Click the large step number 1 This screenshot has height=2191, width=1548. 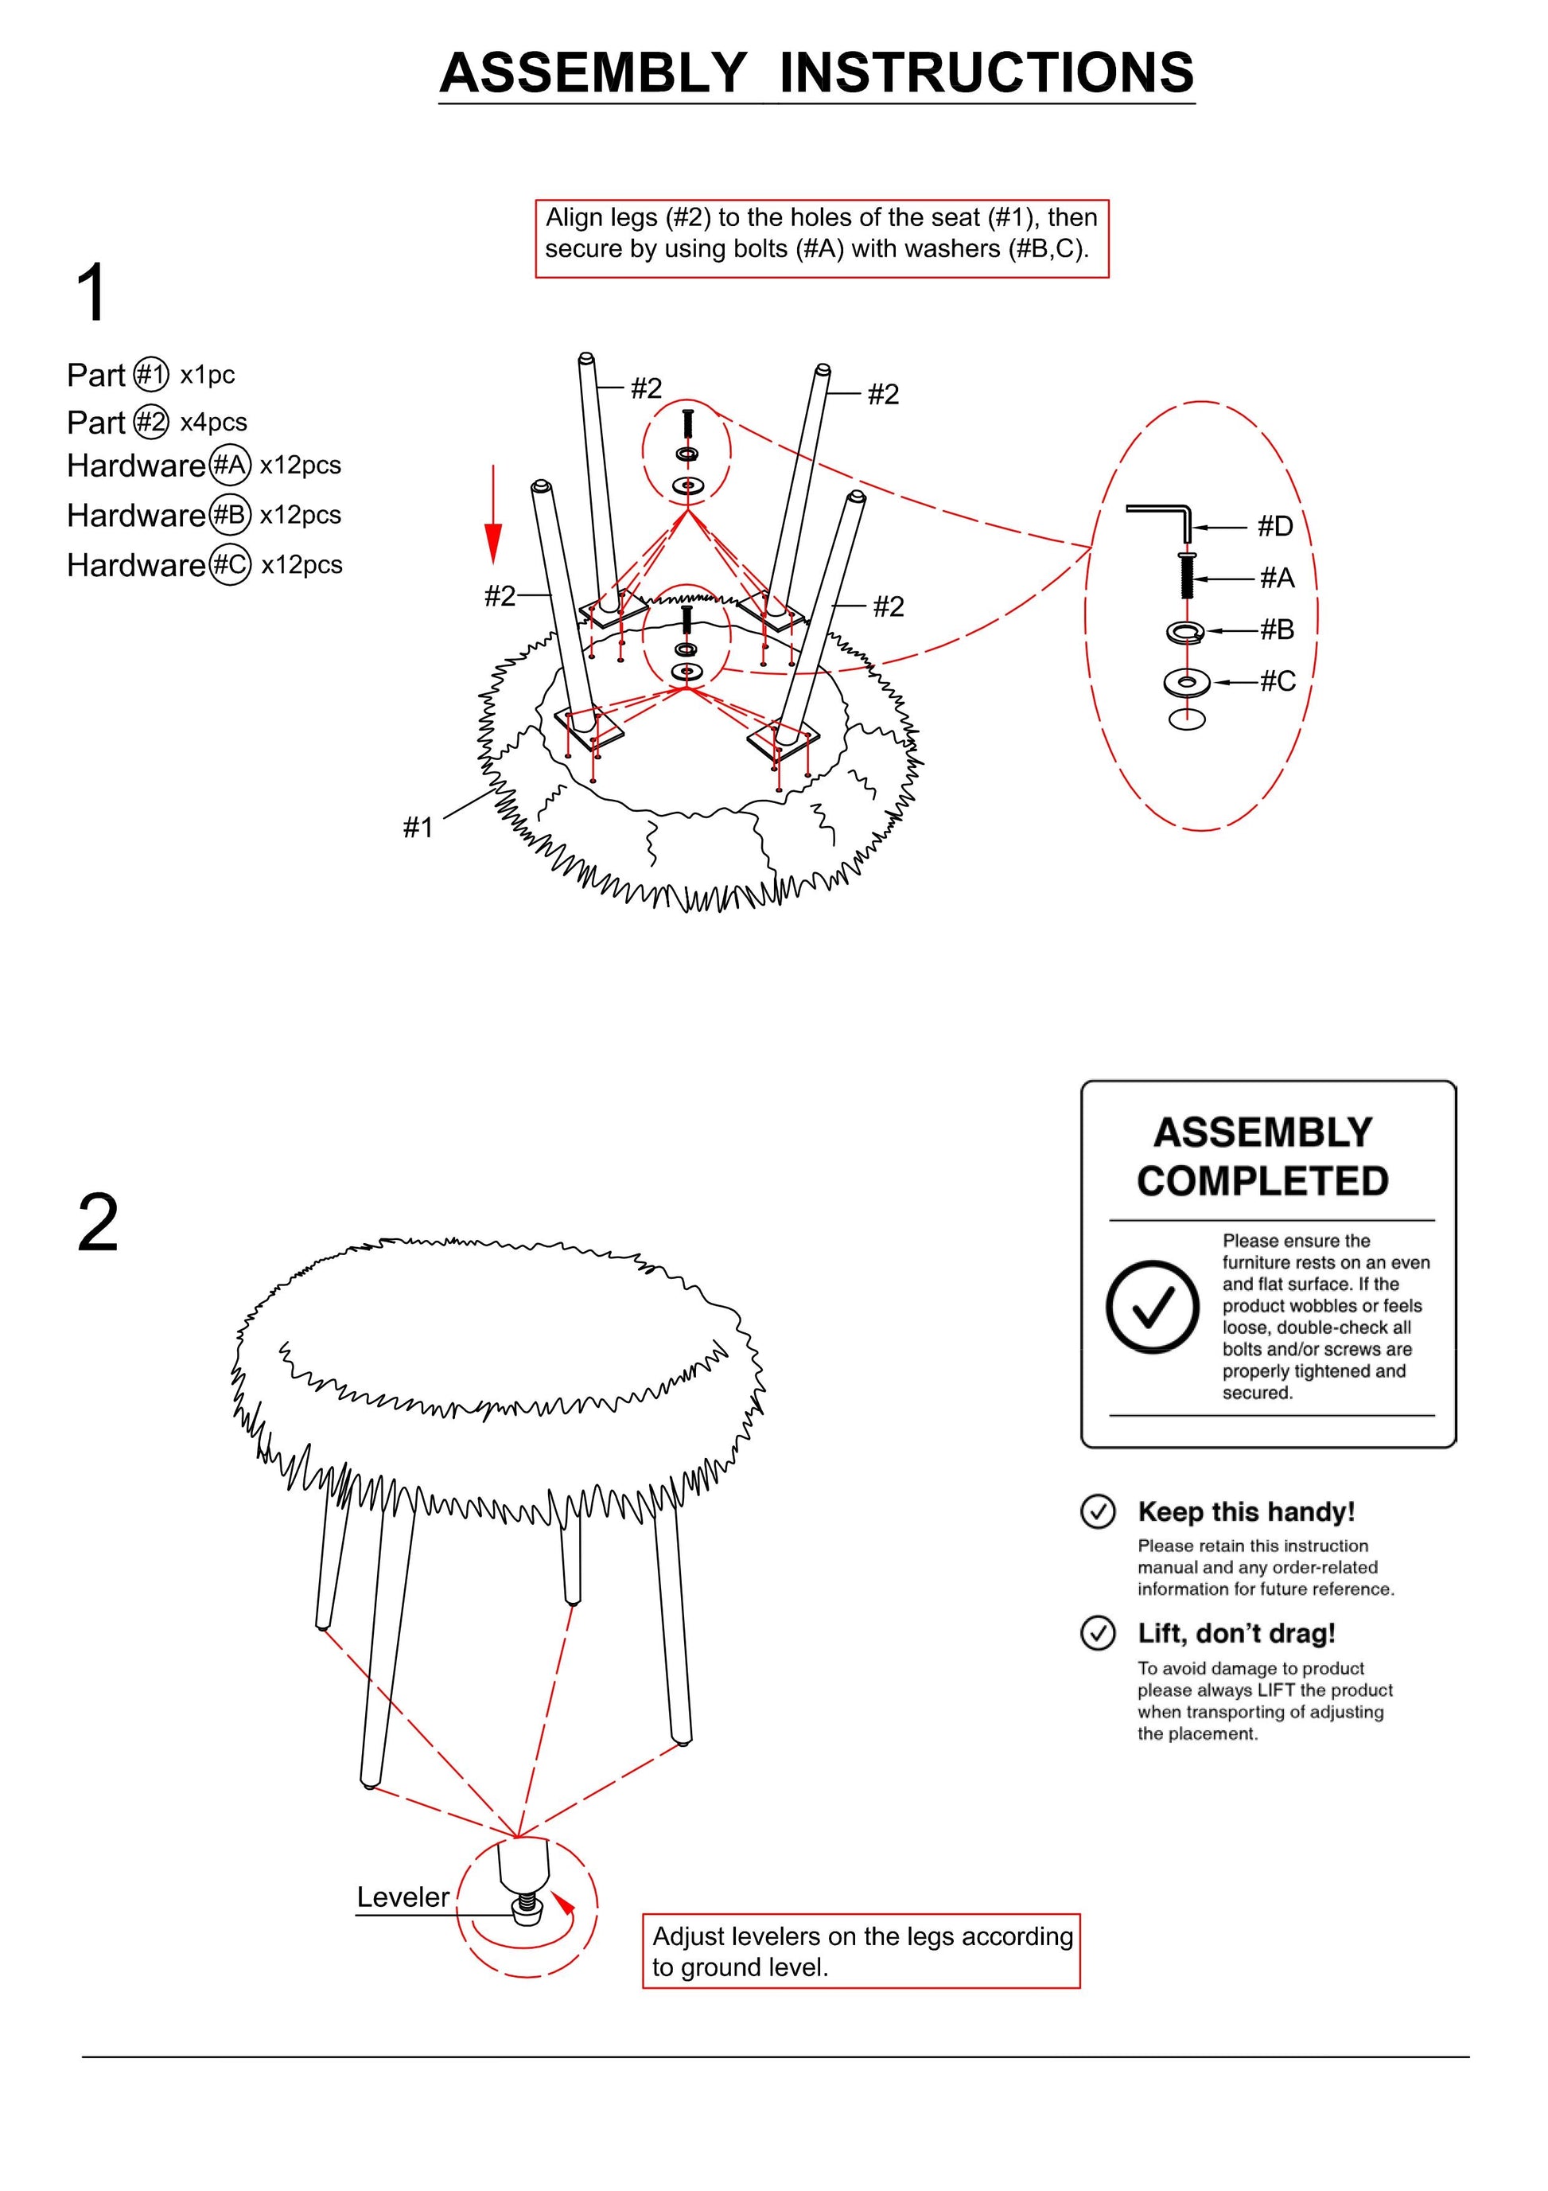[91, 293]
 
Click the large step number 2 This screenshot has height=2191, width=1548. [97, 1223]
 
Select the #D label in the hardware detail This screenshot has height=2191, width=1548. [1275, 526]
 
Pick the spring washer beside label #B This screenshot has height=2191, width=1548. [1185, 631]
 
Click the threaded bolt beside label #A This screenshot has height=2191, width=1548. [1188, 576]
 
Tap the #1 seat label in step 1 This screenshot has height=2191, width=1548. [418, 828]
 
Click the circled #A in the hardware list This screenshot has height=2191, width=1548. [230, 466]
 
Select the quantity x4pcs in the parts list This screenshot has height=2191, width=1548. [214, 422]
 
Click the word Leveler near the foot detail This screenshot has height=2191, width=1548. [403, 1897]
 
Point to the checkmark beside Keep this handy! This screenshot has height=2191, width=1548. [1098, 1511]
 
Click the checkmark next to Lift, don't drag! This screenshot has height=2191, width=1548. [1098, 1633]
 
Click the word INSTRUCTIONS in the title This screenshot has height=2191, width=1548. [986, 72]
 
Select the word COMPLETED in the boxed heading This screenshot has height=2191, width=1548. [1262, 1181]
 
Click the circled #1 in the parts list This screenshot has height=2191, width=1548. [150, 375]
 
